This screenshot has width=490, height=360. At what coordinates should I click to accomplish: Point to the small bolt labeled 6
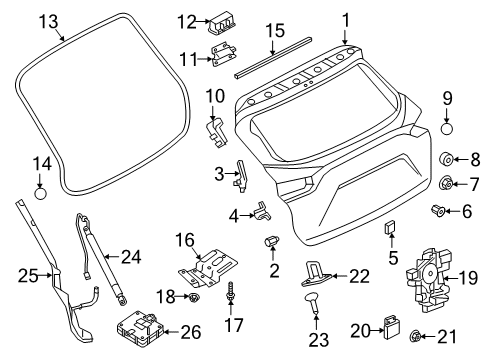click(436, 210)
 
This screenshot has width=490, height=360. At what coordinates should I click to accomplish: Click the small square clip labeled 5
click(390, 232)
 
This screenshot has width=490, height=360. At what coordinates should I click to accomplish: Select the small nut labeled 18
click(198, 297)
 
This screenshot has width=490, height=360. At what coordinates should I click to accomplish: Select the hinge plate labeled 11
click(224, 58)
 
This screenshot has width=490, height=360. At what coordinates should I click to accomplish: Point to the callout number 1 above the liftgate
click(346, 19)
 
